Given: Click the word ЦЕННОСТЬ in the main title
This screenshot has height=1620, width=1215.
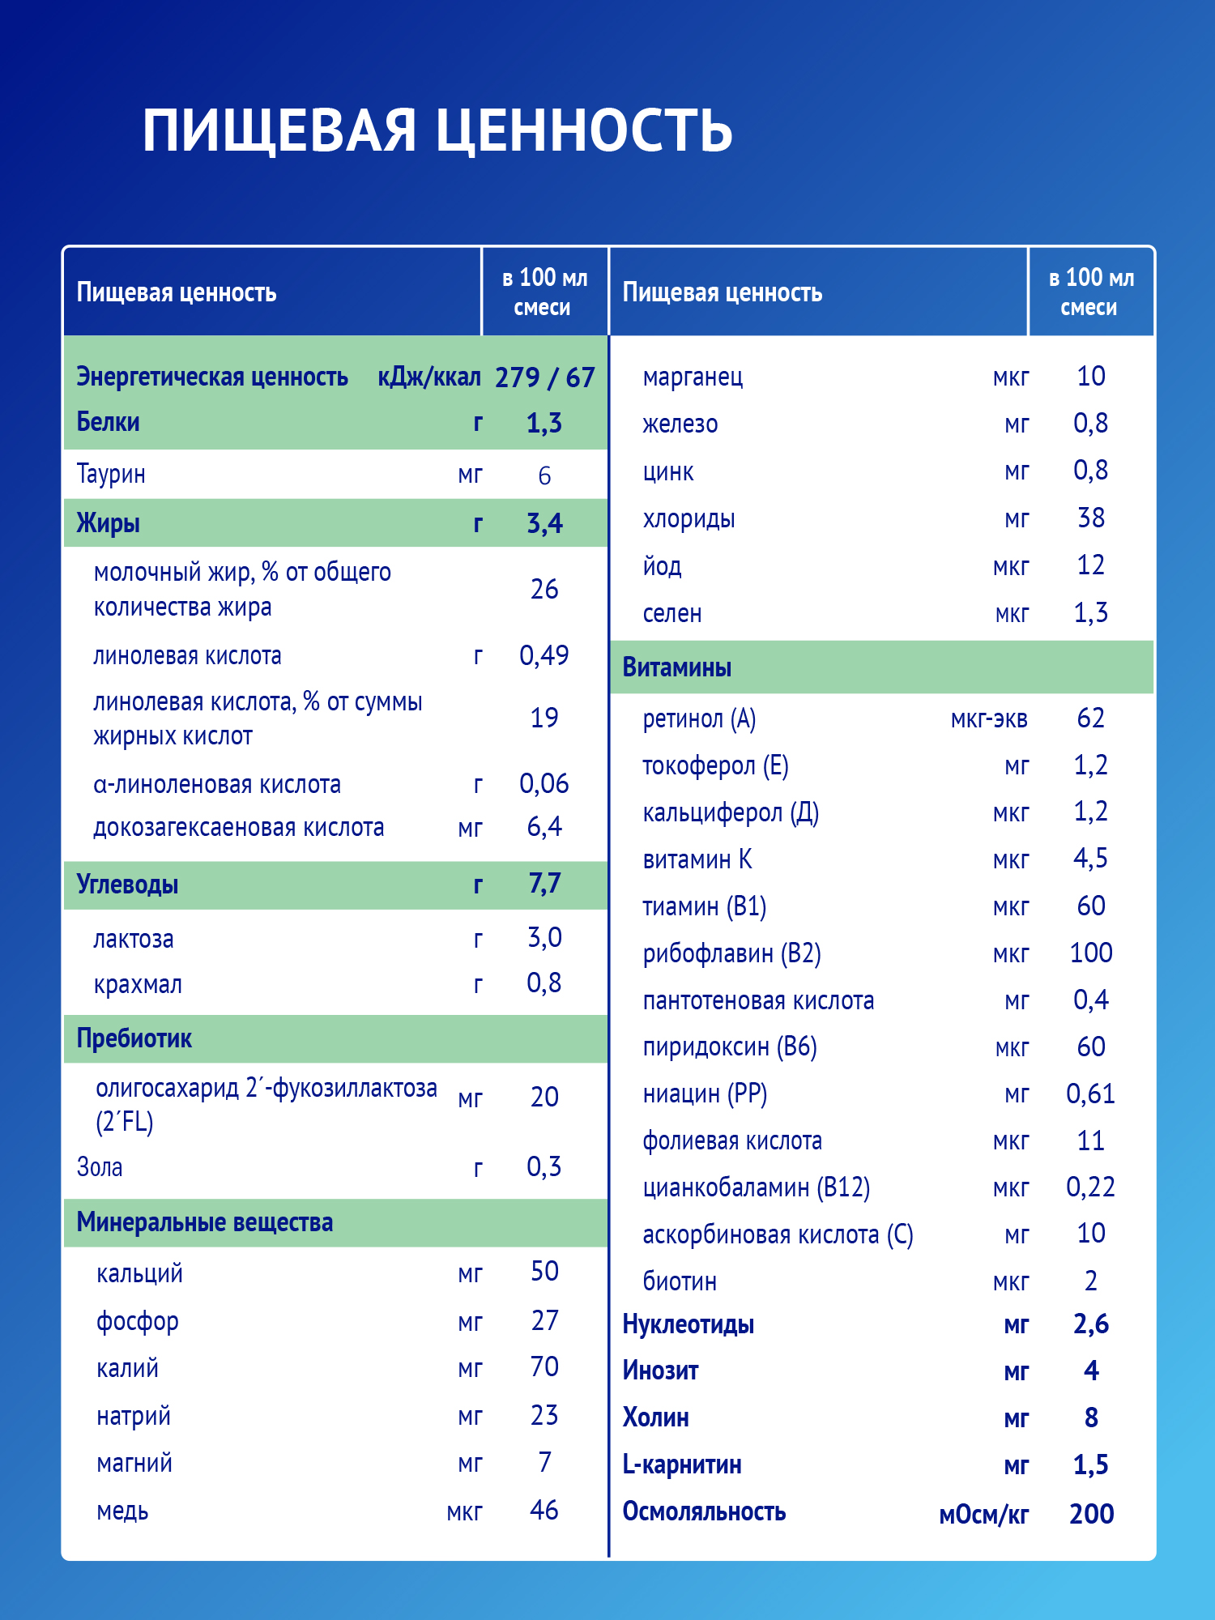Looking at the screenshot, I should pyautogui.click(x=584, y=131).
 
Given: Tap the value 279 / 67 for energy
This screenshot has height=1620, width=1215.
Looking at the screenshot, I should pyautogui.click(x=544, y=377).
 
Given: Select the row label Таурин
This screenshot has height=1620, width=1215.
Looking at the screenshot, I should pyautogui.click(x=111, y=474).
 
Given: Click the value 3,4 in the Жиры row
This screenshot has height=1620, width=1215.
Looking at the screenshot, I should pyautogui.click(x=544, y=523).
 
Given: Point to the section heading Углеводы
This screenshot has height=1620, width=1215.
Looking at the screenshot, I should pyautogui.click(x=127, y=884).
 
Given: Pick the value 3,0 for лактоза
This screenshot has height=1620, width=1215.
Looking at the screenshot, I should pyautogui.click(x=544, y=938).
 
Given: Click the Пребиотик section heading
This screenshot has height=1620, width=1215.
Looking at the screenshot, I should pyautogui.click(x=134, y=1038).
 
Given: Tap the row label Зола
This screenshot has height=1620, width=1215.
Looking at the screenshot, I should pyautogui.click(x=100, y=1167).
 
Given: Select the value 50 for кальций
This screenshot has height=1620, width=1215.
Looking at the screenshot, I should pyautogui.click(x=544, y=1272).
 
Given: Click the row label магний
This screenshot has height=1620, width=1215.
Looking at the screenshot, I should pyautogui.click(x=134, y=1464).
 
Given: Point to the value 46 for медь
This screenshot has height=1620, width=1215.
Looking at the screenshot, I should pyautogui.click(x=544, y=1511).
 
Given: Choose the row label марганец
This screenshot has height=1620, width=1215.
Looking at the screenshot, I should pyautogui.click(x=693, y=377).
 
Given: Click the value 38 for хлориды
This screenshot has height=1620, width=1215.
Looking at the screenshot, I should pyautogui.click(x=1090, y=518).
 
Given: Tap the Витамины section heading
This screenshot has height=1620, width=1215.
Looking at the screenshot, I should pyautogui.click(x=676, y=667).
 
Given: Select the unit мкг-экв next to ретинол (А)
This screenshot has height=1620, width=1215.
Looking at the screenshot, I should pyautogui.click(x=989, y=719).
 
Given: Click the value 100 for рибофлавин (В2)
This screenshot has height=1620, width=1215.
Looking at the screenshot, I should pyautogui.click(x=1090, y=953).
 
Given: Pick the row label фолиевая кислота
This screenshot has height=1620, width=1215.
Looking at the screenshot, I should pyautogui.click(x=732, y=1141).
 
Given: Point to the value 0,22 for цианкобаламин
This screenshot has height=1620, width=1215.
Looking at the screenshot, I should pyautogui.click(x=1090, y=1187).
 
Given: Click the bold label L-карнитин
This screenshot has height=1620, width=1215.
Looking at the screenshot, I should pyautogui.click(x=682, y=1465).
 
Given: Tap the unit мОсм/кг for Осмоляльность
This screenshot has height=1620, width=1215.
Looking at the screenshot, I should pyautogui.click(x=983, y=1515).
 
